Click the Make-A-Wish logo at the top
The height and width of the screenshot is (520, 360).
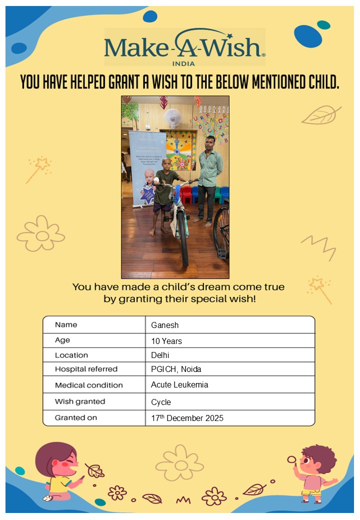coord(184,46)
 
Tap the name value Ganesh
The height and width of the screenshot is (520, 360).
coord(164,325)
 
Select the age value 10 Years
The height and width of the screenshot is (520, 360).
coord(166,341)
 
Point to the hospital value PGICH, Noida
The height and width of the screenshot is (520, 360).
coord(176,369)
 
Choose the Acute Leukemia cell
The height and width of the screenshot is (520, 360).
coord(179,384)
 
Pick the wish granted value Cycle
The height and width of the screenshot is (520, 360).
coord(161,402)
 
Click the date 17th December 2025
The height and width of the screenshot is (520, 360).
coord(187,418)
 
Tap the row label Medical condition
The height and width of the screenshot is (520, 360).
coord(88,385)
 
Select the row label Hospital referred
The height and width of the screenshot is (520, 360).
coord(86,369)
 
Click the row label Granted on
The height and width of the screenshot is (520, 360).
coord(76,417)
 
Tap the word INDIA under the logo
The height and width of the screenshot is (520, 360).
coord(183,63)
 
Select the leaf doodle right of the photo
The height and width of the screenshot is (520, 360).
coord(320,115)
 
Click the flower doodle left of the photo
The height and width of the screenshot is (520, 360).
coord(41,233)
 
